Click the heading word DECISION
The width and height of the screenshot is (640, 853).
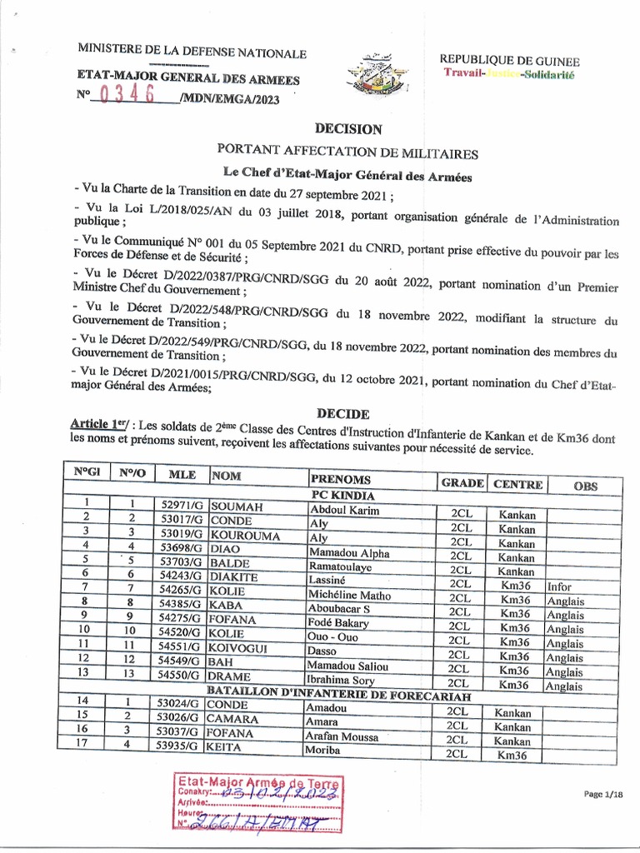point(348,129)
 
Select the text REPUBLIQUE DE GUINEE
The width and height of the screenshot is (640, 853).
point(510,61)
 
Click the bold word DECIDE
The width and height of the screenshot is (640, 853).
point(342,413)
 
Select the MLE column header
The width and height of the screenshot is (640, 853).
point(182,475)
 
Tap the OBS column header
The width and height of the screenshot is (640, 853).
point(585,485)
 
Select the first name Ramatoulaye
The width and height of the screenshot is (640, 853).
point(342,570)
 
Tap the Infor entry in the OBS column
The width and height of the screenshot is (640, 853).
point(559,586)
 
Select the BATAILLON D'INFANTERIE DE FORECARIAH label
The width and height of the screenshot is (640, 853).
point(340,695)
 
